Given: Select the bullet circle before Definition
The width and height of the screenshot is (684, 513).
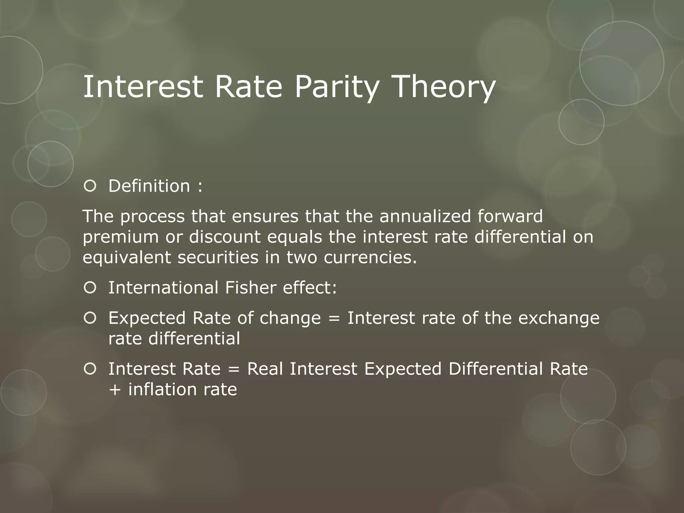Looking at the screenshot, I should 90,186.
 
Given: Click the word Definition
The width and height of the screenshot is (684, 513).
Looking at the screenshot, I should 149,186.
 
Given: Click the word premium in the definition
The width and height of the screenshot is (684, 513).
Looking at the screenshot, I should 121,237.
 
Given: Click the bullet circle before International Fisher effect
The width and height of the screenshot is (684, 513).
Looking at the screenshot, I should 90,288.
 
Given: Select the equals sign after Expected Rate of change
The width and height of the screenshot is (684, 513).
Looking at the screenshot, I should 334,318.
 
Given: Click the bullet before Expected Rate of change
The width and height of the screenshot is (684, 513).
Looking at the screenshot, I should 90,318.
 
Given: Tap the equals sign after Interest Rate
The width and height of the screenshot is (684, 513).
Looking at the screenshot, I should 234,369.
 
